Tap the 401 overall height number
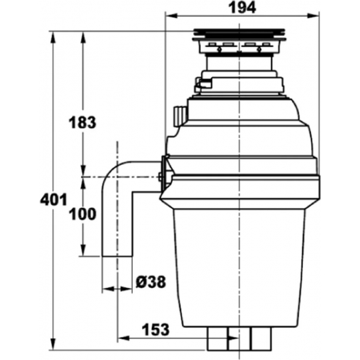(x=52, y=199)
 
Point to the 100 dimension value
(x=82, y=214)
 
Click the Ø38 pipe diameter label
(x=151, y=282)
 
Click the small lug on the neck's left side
(x=202, y=83)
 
